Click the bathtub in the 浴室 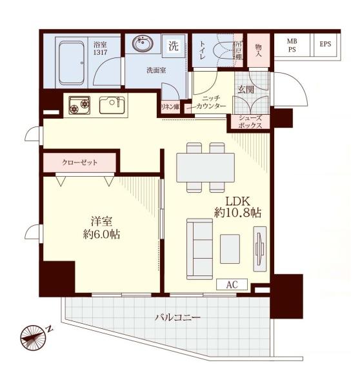(72, 63)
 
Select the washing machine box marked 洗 (174, 46)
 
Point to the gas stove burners (79, 105)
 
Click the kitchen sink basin (112, 105)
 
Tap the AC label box (232, 284)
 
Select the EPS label (325, 44)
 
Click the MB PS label (292, 45)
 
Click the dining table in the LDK (205, 168)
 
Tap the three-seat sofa (199, 249)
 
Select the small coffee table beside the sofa (230, 249)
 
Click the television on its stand (260, 249)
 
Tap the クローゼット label (80, 163)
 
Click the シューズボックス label (250, 122)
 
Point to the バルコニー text (177, 317)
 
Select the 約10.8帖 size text (237, 212)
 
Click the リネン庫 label (170, 107)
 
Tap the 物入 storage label (258, 50)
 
